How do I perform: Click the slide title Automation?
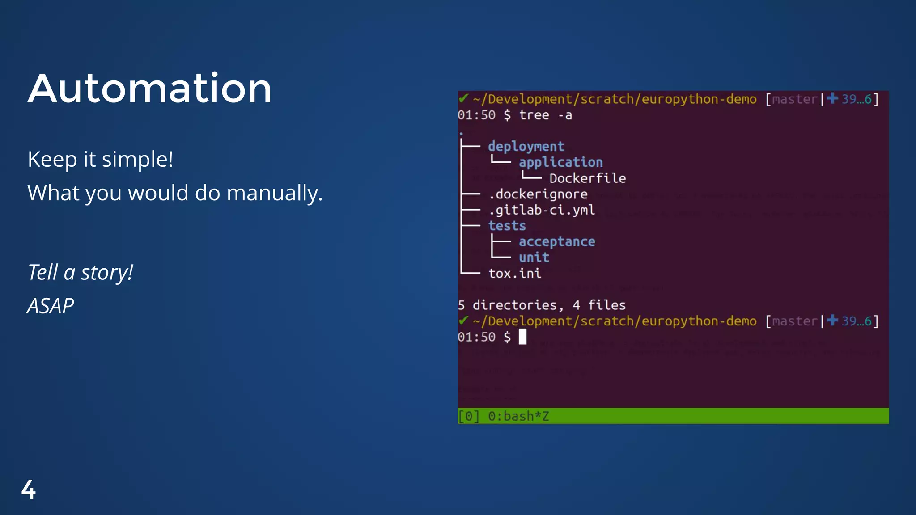[150, 89]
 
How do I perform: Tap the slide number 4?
[28, 490]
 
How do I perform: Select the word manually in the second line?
[274, 193]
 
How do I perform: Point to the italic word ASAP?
[51, 306]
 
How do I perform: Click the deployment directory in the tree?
[526, 146]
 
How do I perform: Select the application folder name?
[560, 162]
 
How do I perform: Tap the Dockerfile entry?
[587, 178]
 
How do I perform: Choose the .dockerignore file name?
[538, 194]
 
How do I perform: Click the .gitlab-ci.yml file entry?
[542, 210]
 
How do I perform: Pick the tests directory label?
[507, 226]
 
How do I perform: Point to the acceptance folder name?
[557, 242]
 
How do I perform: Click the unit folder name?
[534, 257]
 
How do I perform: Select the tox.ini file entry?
[514, 273]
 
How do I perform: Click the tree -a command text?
[545, 115]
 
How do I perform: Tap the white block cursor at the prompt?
[522, 337]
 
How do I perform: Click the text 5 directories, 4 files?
[542, 305]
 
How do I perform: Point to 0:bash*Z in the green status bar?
[518, 416]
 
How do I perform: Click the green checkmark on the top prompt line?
[463, 98]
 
